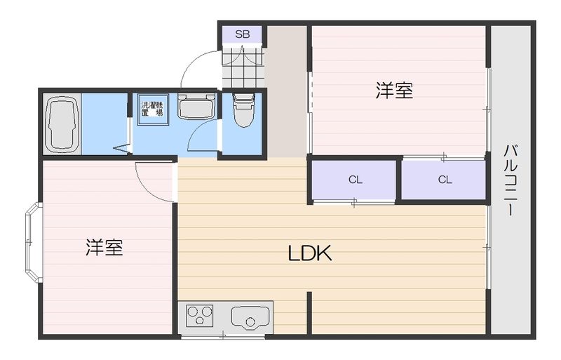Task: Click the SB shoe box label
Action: point(242,34)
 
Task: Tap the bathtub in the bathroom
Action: point(62,124)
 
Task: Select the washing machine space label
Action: point(152,109)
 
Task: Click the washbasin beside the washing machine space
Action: point(194,107)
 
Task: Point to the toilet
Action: point(243,111)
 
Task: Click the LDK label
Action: point(309,253)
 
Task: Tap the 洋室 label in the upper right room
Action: point(394,91)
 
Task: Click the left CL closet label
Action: point(356,180)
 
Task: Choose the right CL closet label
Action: point(445,180)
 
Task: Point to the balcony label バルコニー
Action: point(511,180)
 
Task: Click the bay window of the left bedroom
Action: point(32,242)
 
